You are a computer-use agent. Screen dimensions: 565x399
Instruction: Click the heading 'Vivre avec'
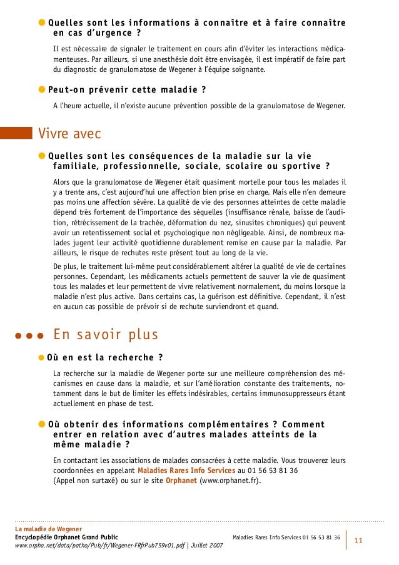point(69,133)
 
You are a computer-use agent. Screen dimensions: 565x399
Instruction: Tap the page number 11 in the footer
point(358,539)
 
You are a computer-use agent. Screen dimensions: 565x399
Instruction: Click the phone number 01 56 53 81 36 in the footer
point(321,537)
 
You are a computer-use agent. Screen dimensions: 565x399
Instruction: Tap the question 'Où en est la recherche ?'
point(105,358)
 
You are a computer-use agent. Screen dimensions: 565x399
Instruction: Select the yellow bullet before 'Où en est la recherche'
point(42,358)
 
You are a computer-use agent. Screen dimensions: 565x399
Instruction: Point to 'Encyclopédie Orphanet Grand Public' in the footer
point(66,537)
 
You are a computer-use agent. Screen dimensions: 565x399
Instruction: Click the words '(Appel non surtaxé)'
point(84,481)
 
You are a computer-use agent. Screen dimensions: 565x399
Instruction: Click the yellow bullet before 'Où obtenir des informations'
point(42,424)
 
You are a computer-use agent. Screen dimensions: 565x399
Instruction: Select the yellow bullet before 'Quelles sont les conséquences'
point(42,156)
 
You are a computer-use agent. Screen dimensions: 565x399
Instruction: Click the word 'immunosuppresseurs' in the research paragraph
point(295,394)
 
